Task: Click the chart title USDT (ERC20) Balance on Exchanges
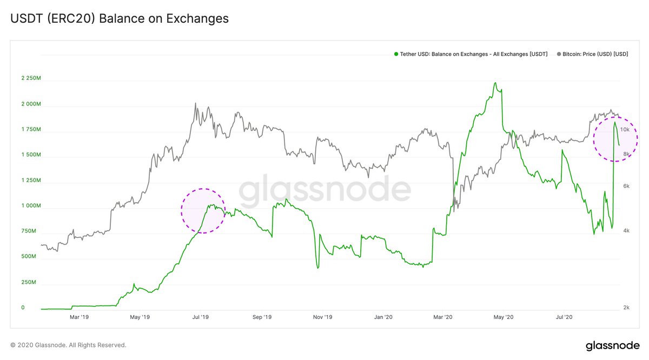(120, 18)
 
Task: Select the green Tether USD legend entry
(471, 54)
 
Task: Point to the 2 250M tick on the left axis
(31, 78)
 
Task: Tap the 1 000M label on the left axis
(31, 206)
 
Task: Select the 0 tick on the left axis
(23, 308)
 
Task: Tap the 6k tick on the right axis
(625, 186)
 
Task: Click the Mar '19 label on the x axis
(80, 318)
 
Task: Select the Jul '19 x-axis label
(201, 318)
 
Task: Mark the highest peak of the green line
(495, 83)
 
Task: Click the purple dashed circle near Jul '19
(203, 211)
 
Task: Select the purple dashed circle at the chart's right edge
(615, 139)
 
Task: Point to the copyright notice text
(68, 345)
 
